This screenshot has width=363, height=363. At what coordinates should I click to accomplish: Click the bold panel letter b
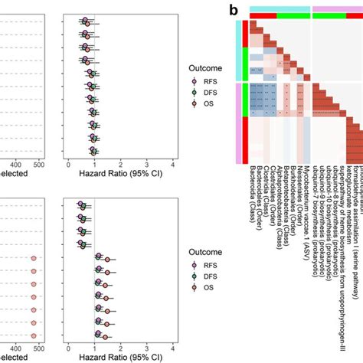coord(230,10)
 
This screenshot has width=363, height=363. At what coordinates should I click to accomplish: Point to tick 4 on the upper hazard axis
coord(173,163)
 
